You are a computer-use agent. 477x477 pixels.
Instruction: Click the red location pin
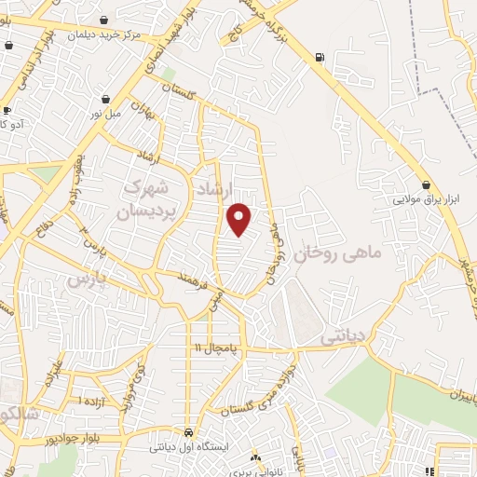click(x=239, y=220)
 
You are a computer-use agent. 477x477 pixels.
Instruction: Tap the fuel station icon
click(x=321, y=59)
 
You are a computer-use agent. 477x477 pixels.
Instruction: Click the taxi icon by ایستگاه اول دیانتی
click(x=189, y=432)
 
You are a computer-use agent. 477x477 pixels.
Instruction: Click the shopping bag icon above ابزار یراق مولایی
click(x=426, y=185)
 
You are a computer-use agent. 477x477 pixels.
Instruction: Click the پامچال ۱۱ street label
click(x=217, y=348)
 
